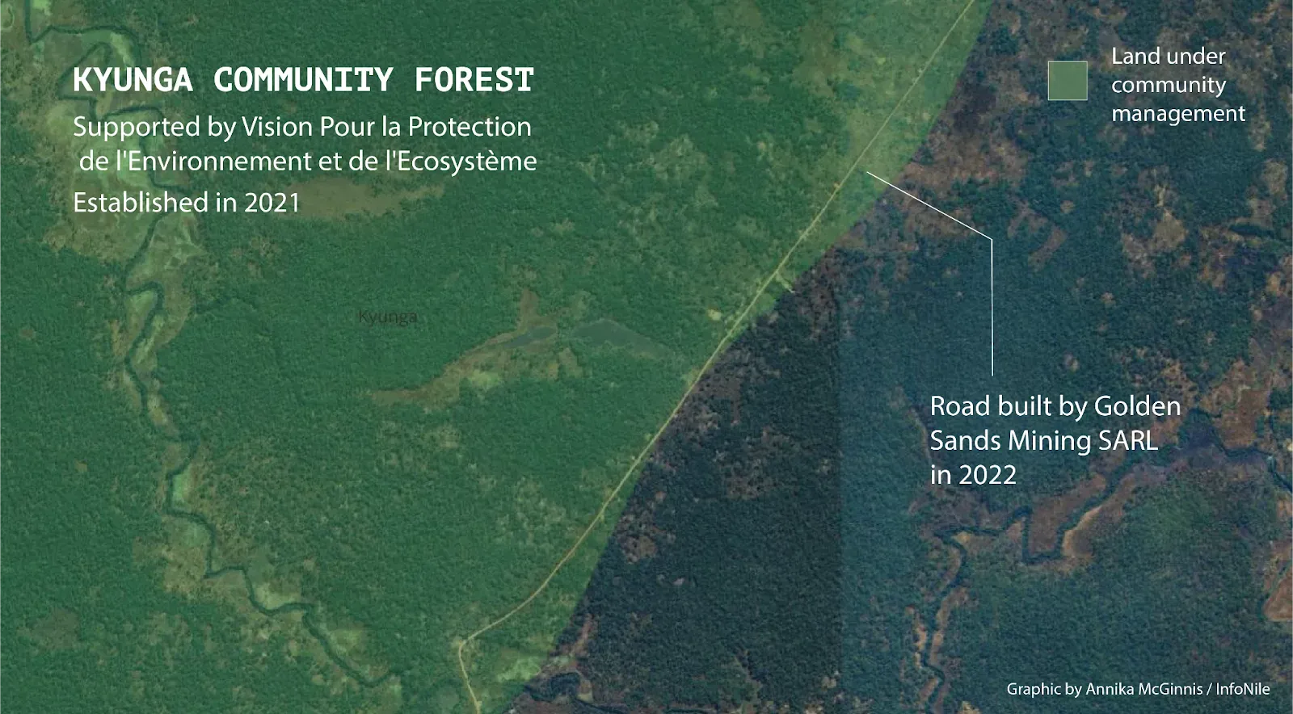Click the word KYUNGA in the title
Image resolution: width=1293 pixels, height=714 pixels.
(133, 80)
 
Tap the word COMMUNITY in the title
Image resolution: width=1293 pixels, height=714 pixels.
(304, 80)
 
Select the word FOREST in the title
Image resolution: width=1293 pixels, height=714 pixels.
(474, 80)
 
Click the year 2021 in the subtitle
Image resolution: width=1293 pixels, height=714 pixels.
(272, 203)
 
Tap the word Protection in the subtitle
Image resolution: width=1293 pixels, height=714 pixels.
(470, 127)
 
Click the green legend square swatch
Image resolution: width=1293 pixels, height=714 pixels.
(1068, 81)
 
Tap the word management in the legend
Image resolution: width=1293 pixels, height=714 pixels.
(1178, 114)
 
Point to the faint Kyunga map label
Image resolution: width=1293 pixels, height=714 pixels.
(387, 317)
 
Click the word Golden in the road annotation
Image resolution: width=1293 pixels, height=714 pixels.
(1137, 406)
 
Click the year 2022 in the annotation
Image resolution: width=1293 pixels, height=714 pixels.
(987, 476)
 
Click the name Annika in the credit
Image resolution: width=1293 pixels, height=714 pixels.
(1106, 689)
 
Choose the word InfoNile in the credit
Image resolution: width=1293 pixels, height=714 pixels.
(1243, 689)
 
